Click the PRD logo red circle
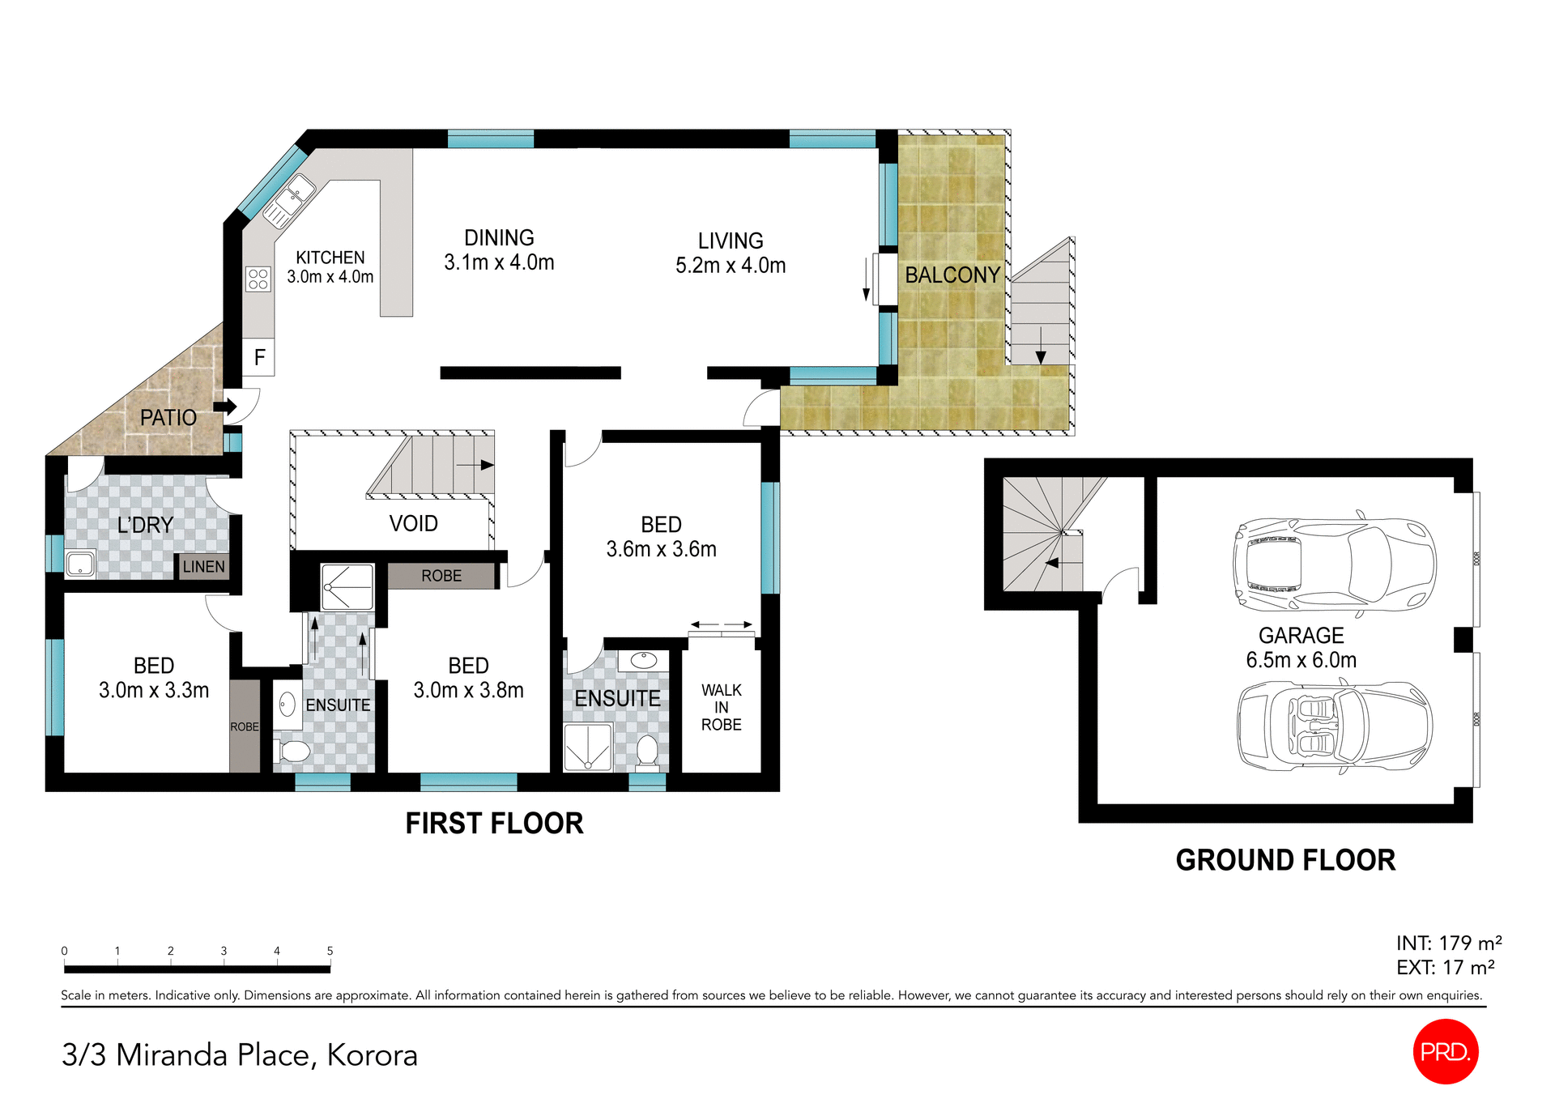coord(1445,1051)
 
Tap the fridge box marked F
coord(259,357)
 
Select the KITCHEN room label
coord(330,258)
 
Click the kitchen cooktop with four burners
coord(258,279)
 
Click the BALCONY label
coord(952,275)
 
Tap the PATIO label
coord(168,418)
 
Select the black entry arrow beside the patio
coord(224,407)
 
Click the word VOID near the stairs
coord(413,523)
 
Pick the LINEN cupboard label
coord(203,567)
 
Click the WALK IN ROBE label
coord(721,707)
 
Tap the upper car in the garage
coord(1333,565)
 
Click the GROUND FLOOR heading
coord(1285,860)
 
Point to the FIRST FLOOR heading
coord(494,824)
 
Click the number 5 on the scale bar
coord(330,951)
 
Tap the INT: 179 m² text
coord(1448,943)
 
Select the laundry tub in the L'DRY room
coord(80,564)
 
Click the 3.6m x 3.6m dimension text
coord(661,549)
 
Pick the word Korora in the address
coord(372,1055)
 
